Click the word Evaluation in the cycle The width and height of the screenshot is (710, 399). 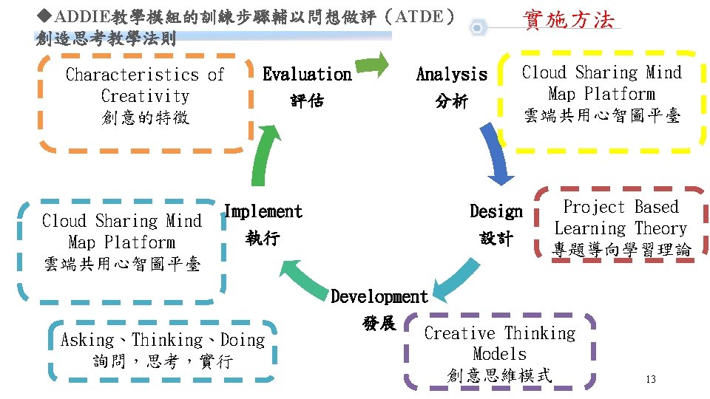click(x=307, y=75)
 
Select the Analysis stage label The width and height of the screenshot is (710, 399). click(x=452, y=75)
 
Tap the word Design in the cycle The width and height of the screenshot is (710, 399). click(x=496, y=212)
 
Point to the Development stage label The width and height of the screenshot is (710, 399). click(x=379, y=297)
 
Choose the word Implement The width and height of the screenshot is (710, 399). click(x=263, y=212)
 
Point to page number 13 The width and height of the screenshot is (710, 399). click(x=651, y=380)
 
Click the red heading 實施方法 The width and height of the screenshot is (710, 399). click(x=568, y=20)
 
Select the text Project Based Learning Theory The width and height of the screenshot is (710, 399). click(x=621, y=218)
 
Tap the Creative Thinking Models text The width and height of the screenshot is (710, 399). click(x=499, y=344)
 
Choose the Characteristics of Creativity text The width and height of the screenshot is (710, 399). click(x=145, y=85)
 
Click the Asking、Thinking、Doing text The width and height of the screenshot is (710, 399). click(x=163, y=341)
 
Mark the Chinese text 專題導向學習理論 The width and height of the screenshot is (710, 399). click(x=621, y=250)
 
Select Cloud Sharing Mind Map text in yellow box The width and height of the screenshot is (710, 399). click(x=602, y=83)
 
